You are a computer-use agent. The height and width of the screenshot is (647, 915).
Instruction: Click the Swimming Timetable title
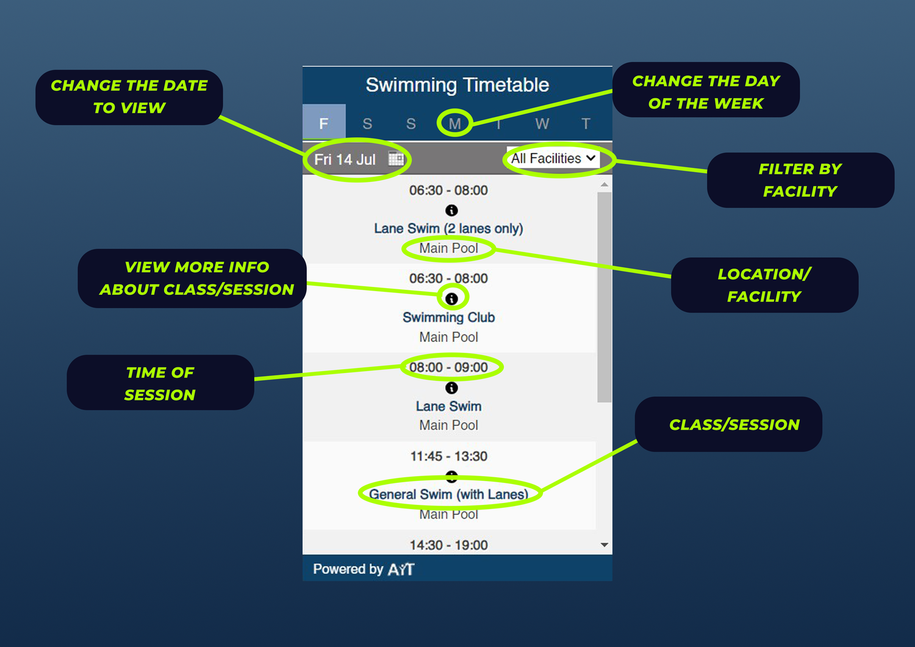(x=457, y=85)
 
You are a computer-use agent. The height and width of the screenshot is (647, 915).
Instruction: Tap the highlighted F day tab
(x=324, y=123)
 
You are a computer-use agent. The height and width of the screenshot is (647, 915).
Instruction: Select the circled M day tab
(x=455, y=123)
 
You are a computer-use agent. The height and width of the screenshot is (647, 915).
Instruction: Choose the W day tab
(x=542, y=123)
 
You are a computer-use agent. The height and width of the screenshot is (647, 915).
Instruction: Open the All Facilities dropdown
(x=553, y=159)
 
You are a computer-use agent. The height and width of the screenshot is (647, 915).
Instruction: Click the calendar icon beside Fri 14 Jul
(x=396, y=159)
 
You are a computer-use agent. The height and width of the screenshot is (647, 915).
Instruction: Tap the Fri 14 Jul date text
(x=345, y=160)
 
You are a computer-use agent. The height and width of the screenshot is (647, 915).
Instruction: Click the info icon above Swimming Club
(x=451, y=298)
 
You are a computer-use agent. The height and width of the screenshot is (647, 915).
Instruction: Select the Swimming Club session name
(x=448, y=317)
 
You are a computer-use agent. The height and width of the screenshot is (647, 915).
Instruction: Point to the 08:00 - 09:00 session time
(x=448, y=367)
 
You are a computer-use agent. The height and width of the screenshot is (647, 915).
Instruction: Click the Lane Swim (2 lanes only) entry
(x=448, y=228)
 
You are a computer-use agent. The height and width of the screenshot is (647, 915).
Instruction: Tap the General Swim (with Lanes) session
(x=448, y=494)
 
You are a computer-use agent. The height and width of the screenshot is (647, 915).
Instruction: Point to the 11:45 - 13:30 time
(x=448, y=457)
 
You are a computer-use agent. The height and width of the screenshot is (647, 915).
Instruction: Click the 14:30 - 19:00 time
(x=448, y=545)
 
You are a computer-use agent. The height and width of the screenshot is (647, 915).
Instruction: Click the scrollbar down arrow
(x=605, y=545)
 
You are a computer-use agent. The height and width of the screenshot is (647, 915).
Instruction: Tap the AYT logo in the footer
(x=401, y=569)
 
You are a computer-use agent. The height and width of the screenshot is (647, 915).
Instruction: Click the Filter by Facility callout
(x=800, y=180)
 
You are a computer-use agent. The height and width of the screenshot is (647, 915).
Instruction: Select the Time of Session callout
(x=160, y=383)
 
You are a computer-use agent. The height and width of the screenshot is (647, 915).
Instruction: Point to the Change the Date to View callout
(x=129, y=97)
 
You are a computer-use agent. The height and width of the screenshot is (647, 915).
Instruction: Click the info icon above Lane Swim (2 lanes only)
(x=451, y=211)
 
